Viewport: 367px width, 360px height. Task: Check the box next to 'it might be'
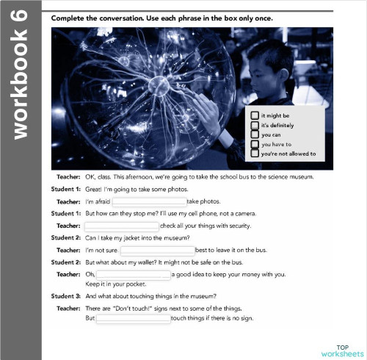(x=254, y=115)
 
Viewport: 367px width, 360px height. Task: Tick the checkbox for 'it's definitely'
(x=254, y=125)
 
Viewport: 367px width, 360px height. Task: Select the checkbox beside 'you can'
(x=254, y=134)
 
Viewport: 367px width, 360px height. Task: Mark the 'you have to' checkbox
(x=254, y=144)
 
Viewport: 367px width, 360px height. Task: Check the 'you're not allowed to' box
(x=254, y=154)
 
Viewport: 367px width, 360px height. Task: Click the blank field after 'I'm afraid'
(x=148, y=201)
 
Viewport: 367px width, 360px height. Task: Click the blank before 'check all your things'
(x=122, y=226)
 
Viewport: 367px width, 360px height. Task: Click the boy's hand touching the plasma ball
(x=212, y=110)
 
